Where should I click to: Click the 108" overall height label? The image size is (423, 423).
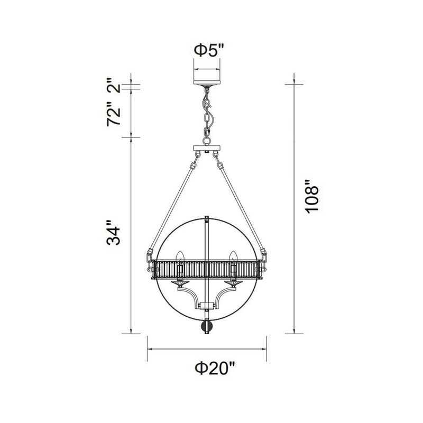click(x=312, y=203)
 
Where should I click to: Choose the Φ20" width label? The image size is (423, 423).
click(x=208, y=369)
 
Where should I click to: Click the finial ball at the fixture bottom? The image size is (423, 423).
click(x=207, y=327)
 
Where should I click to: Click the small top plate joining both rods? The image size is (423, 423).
click(x=207, y=148)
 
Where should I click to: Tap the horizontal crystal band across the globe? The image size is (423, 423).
click(x=207, y=270)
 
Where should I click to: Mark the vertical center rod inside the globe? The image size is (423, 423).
click(x=207, y=238)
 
